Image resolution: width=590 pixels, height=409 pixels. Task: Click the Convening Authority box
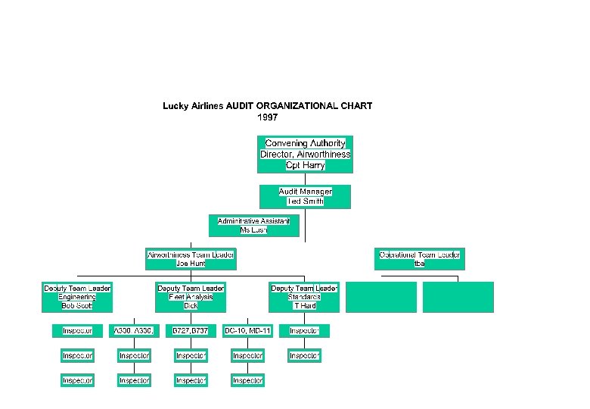(305, 154)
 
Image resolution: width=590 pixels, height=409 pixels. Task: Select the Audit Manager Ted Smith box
(305, 196)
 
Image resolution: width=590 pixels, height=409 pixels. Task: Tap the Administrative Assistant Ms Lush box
(253, 225)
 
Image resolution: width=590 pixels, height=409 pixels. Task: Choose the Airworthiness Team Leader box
(191, 259)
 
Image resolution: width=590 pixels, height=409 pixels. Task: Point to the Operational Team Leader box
(420, 259)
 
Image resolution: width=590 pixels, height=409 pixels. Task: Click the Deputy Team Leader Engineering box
(77, 297)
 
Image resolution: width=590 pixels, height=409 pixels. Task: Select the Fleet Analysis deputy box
(191, 297)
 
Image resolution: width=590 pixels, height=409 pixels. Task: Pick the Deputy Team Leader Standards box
(304, 297)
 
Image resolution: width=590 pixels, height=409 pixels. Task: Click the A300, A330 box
(134, 331)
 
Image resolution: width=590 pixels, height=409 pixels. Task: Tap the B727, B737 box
(191, 331)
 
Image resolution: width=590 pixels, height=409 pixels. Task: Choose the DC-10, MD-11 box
(247, 331)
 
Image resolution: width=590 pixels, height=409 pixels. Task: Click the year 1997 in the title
(268, 117)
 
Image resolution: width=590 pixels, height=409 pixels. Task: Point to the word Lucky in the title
(175, 106)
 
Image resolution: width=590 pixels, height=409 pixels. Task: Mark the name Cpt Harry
(305, 165)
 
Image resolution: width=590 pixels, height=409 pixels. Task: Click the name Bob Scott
(77, 306)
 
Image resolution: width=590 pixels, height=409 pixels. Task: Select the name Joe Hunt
(191, 264)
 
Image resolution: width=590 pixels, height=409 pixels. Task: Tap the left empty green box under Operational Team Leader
(381, 297)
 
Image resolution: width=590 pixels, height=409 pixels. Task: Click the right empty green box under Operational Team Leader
(458, 297)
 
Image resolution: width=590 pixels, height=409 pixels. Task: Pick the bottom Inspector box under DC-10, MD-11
(247, 380)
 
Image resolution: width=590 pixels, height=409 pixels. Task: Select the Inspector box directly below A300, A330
(134, 355)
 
